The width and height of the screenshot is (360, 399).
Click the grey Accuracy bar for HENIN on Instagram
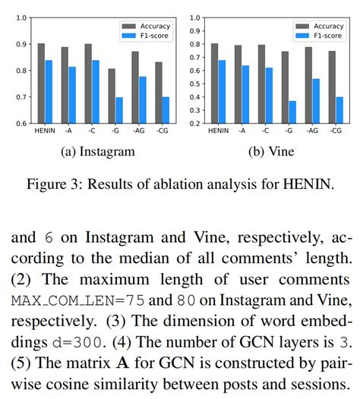(x=41, y=83)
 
